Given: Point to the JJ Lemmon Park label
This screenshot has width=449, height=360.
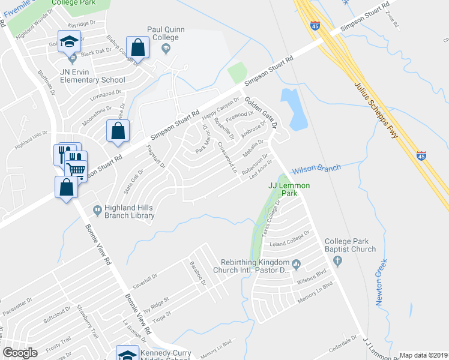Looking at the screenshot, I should point(289,190).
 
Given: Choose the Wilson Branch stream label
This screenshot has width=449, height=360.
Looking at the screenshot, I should point(316,169).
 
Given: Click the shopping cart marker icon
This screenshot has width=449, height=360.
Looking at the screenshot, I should point(76,169).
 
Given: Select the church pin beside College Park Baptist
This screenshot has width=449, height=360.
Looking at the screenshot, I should point(337,261).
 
